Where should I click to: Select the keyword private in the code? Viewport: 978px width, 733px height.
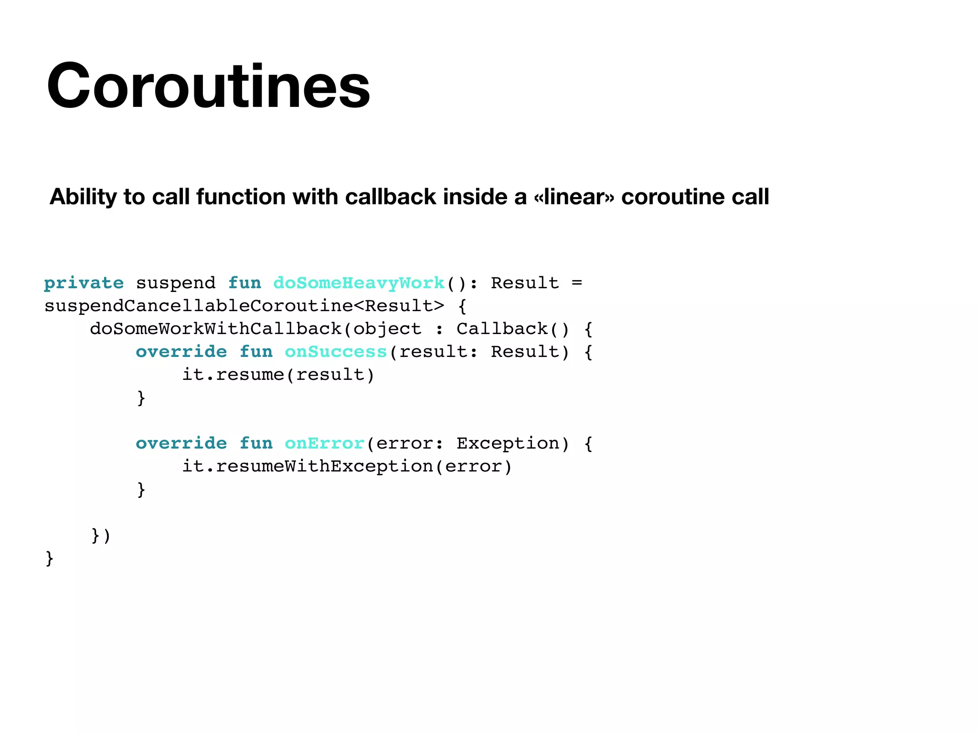coord(84,283)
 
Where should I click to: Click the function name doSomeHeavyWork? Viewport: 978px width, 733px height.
coord(359,283)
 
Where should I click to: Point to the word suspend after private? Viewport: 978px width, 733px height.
coord(175,283)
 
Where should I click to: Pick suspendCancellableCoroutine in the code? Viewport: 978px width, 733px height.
coord(199,306)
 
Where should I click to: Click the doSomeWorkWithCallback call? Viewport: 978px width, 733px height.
coord(216,329)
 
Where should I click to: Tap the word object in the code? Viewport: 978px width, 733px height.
coord(387,329)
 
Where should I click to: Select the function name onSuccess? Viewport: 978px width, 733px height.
coord(335,352)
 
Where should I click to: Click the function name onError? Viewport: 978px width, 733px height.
coord(324,443)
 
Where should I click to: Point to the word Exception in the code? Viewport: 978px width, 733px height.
coord(508,443)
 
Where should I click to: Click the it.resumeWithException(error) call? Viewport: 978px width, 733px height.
coord(347,466)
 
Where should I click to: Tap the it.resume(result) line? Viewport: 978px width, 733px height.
coord(278,375)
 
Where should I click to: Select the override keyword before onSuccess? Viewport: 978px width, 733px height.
coord(181,352)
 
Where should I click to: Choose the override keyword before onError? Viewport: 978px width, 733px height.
coord(181,443)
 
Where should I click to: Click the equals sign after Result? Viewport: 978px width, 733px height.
coord(577,283)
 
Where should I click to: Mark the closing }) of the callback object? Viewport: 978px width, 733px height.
coord(101,535)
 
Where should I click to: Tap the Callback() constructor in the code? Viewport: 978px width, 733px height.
coord(513,329)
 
